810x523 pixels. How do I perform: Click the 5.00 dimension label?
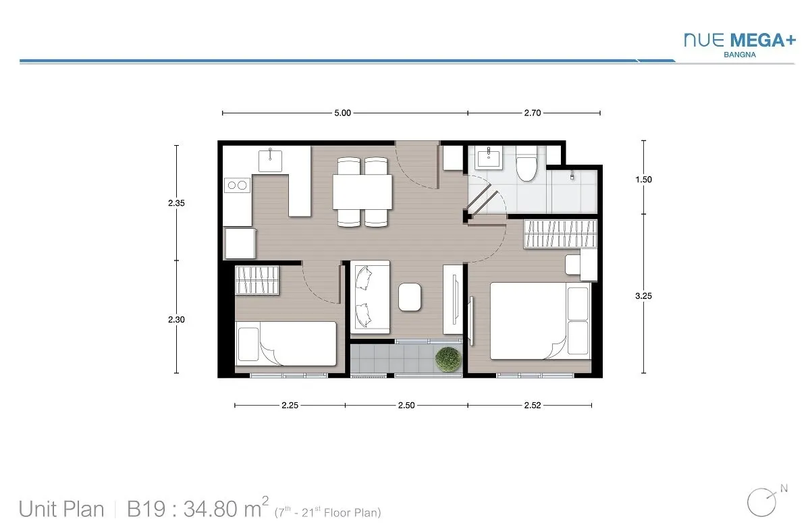click(342, 113)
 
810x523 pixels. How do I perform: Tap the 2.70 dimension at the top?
click(533, 113)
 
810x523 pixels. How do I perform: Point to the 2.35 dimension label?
click(176, 203)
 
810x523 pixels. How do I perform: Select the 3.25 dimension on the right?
click(644, 296)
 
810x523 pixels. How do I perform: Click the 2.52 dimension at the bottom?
click(533, 406)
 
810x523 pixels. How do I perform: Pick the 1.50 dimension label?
click(644, 180)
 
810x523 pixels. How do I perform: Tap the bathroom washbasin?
click(489, 158)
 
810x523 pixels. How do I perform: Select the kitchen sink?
click(270, 161)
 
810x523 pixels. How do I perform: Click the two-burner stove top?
click(237, 186)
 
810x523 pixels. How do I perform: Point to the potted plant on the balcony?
click(448, 359)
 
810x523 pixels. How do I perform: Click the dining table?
click(362, 192)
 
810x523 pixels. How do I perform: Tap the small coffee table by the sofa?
click(410, 297)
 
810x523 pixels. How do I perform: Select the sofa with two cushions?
click(371, 297)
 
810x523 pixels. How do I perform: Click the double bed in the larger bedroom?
click(540, 321)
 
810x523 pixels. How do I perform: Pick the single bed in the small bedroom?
click(286, 343)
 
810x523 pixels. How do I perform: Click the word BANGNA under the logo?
click(740, 55)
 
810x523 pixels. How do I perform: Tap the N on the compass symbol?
click(784, 489)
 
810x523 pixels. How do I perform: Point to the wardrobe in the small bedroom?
click(256, 280)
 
